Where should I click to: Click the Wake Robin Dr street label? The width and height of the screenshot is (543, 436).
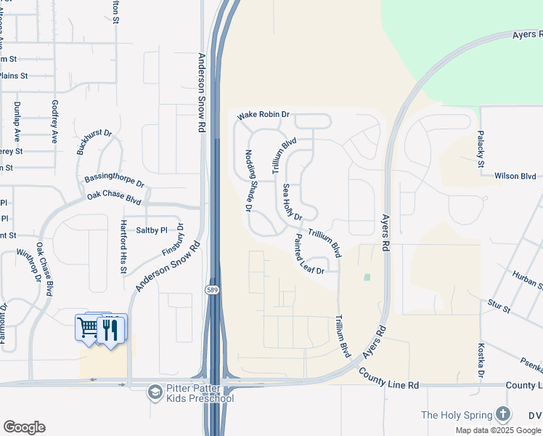tap(264, 115)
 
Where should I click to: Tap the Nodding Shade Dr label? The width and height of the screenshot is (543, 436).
tap(248, 180)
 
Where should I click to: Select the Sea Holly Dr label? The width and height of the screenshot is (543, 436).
tap(291, 201)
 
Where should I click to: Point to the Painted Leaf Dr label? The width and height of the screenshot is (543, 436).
tap(309, 254)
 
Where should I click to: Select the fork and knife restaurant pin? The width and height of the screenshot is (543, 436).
tap(110, 329)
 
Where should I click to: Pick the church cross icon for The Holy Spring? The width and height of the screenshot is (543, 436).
tap(503, 415)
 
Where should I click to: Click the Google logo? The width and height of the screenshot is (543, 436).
tap(24, 427)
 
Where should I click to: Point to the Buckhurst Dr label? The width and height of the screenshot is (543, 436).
tap(94, 143)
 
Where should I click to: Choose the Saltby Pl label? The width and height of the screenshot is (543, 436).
tap(152, 230)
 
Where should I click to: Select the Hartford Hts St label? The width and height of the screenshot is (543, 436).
tap(123, 247)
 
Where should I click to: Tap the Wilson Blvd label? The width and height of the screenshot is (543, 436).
tap(515, 176)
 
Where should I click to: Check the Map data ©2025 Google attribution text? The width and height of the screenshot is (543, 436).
tap(498, 429)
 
